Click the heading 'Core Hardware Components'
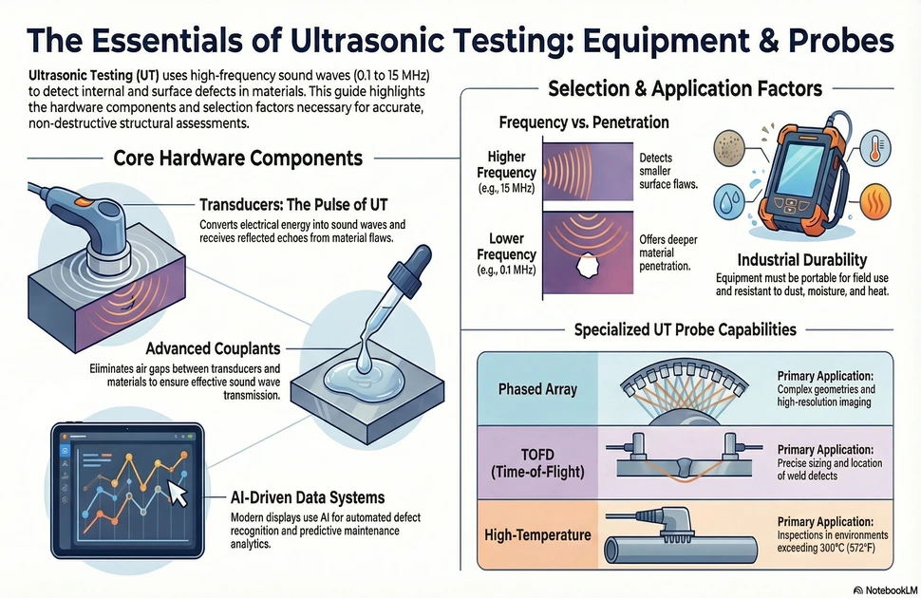pyautogui.click(x=238, y=158)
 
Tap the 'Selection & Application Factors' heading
pyautogui.click(x=685, y=88)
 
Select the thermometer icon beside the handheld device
pyautogui.click(x=875, y=146)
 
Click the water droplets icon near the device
pyautogui.click(x=729, y=201)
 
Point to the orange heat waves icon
pyautogui.click(x=874, y=202)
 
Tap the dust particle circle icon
pyautogui.click(x=729, y=147)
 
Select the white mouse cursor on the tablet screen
pyautogui.click(x=178, y=493)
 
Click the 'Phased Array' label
pyautogui.click(x=537, y=389)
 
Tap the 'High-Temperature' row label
pyautogui.click(x=537, y=535)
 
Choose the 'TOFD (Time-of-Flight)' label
pyautogui.click(x=537, y=463)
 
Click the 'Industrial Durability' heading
pyautogui.click(x=801, y=260)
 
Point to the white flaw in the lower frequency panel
pyautogui.click(x=587, y=267)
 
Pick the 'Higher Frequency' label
pyautogui.click(x=506, y=164)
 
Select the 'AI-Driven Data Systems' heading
pyautogui.click(x=308, y=497)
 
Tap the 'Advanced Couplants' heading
pyautogui.click(x=213, y=348)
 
